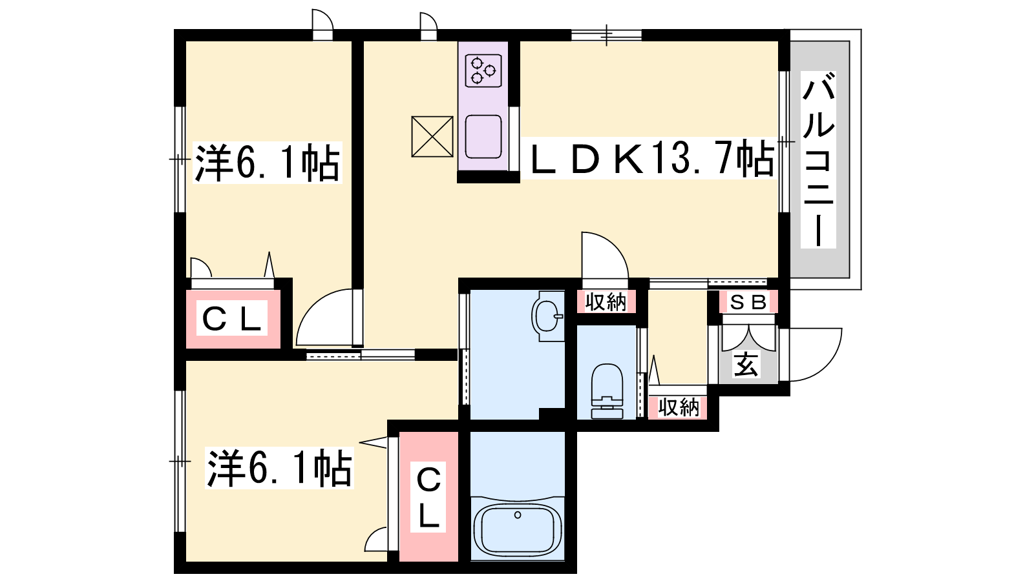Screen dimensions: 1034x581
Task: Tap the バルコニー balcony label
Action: tap(818, 159)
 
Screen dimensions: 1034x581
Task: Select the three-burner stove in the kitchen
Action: tap(483, 70)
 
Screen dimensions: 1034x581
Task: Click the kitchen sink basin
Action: tap(483, 137)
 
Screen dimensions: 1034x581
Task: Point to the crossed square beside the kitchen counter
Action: tap(432, 136)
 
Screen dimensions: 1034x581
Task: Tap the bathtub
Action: tap(518, 530)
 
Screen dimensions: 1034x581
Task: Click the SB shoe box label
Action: tap(748, 303)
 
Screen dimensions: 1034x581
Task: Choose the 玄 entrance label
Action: tap(746, 365)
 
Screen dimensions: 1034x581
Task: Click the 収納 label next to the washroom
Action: tap(606, 303)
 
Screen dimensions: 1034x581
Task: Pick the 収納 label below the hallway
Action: tap(679, 407)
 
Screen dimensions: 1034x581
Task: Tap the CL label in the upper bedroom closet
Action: tap(232, 318)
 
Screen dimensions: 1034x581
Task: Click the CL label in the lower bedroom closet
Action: tap(429, 497)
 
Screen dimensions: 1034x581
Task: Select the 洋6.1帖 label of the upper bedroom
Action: tap(268, 162)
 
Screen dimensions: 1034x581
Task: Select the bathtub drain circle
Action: tap(518, 515)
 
